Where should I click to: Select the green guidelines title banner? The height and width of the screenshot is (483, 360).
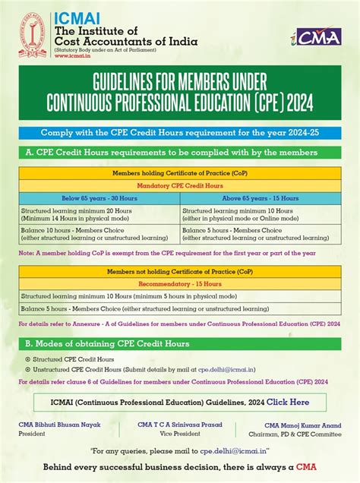point(180,94)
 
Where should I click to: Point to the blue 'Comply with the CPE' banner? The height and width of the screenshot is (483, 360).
point(180,131)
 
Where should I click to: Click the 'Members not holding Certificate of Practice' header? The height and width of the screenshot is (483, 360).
point(180,271)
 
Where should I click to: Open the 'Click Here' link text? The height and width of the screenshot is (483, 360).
point(287,402)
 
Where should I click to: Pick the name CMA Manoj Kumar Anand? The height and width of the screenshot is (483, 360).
point(302,425)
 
